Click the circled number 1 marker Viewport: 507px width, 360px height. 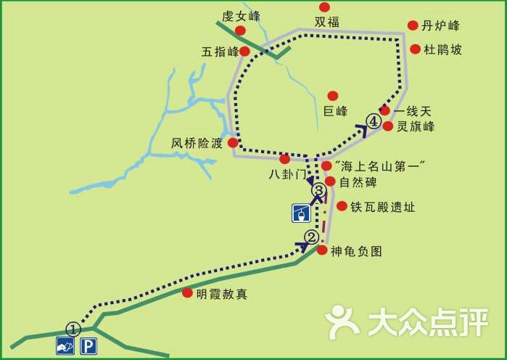click(73, 328)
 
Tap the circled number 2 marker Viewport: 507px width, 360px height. click(311, 237)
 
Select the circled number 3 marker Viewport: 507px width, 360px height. click(318, 190)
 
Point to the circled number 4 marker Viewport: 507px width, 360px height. click(374, 121)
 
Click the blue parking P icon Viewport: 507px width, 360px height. click(88, 346)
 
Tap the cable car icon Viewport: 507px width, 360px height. click(301, 213)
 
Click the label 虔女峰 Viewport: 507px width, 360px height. click(242, 15)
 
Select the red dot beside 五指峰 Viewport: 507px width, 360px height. click(244, 52)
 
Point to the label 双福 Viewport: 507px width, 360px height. click(326, 22)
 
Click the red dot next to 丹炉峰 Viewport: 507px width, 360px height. click(413, 25)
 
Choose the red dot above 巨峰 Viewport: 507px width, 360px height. click(333, 96)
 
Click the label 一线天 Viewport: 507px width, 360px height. click(412, 111)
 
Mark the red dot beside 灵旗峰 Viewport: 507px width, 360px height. click(387, 126)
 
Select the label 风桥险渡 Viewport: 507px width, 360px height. click(197, 143)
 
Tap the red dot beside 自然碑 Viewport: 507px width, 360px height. click(330, 181)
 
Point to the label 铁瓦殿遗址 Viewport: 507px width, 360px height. click(382, 207)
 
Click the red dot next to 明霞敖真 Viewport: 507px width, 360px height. click(188, 293)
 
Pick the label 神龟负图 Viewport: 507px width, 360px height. click(355, 251)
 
